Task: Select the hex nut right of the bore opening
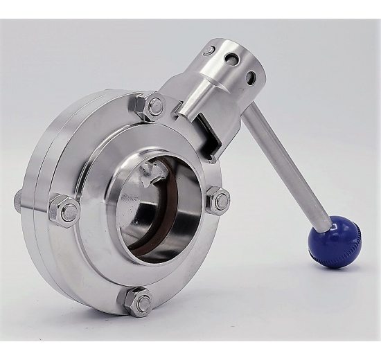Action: coord(220,201)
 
